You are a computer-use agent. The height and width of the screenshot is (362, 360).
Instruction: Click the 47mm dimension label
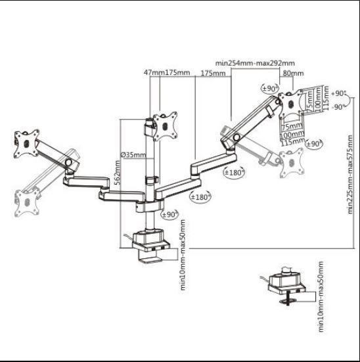[x=153, y=72]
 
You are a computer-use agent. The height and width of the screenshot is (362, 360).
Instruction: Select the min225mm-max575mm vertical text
[x=351, y=174]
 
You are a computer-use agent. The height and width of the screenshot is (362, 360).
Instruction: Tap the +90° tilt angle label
[x=340, y=93]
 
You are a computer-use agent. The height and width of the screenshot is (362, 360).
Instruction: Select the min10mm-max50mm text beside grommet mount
[x=321, y=296]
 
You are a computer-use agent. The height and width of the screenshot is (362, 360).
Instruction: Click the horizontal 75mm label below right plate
[x=290, y=127]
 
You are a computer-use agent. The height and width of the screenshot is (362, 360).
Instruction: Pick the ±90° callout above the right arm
[x=269, y=88]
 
